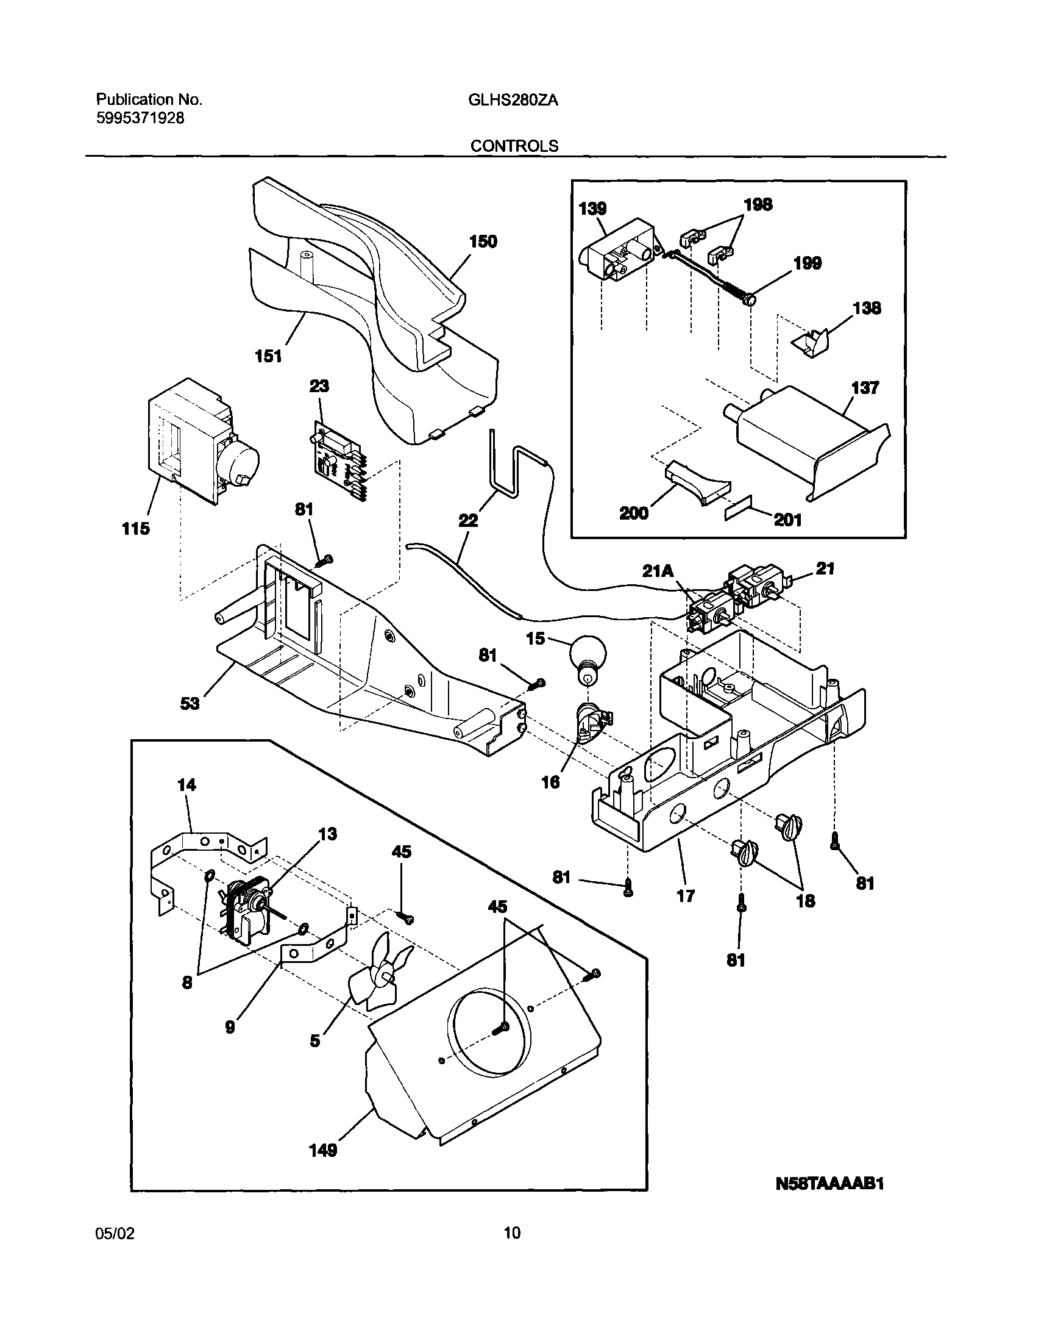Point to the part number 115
(x=136, y=529)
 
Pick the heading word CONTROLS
(x=514, y=146)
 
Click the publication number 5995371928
(x=140, y=118)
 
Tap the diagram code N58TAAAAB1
(x=829, y=1201)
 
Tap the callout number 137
(x=864, y=388)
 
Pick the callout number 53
(x=190, y=704)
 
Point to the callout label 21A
(x=658, y=571)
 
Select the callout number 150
(x=483, y=242)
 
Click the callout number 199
(x=807, y=263)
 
